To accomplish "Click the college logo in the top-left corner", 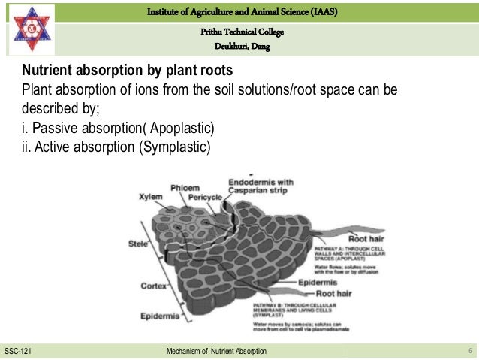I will [x=29, y=29].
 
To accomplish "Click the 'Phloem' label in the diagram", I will [x=184, y=186].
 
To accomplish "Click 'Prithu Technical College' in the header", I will [x=241, y=32].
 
